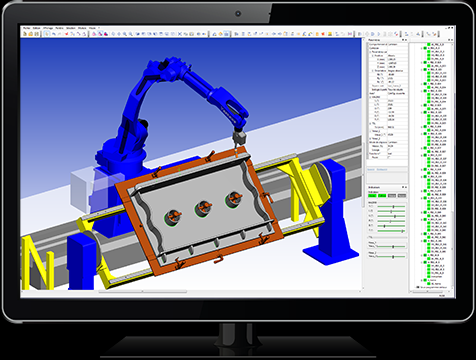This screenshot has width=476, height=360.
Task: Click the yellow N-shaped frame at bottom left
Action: [39, 262]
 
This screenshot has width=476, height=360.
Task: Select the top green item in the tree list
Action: [430, 46]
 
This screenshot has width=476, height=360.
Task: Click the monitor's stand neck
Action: [238, 330]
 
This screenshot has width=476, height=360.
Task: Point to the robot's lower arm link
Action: [130, 110]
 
